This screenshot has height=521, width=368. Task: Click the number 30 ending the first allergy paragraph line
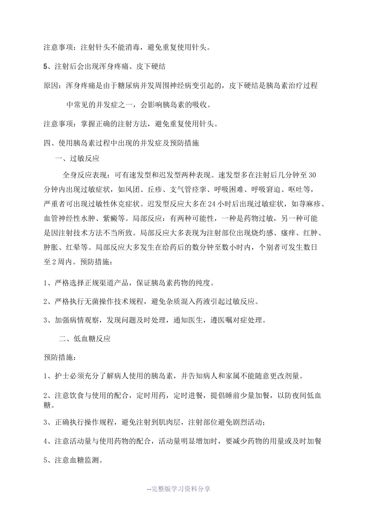(x=313, y=175)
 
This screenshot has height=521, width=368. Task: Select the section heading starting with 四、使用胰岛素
(x=122, y=143)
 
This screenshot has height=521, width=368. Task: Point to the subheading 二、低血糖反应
(x=85, y=339)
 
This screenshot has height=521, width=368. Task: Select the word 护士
(x=63, y=376)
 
